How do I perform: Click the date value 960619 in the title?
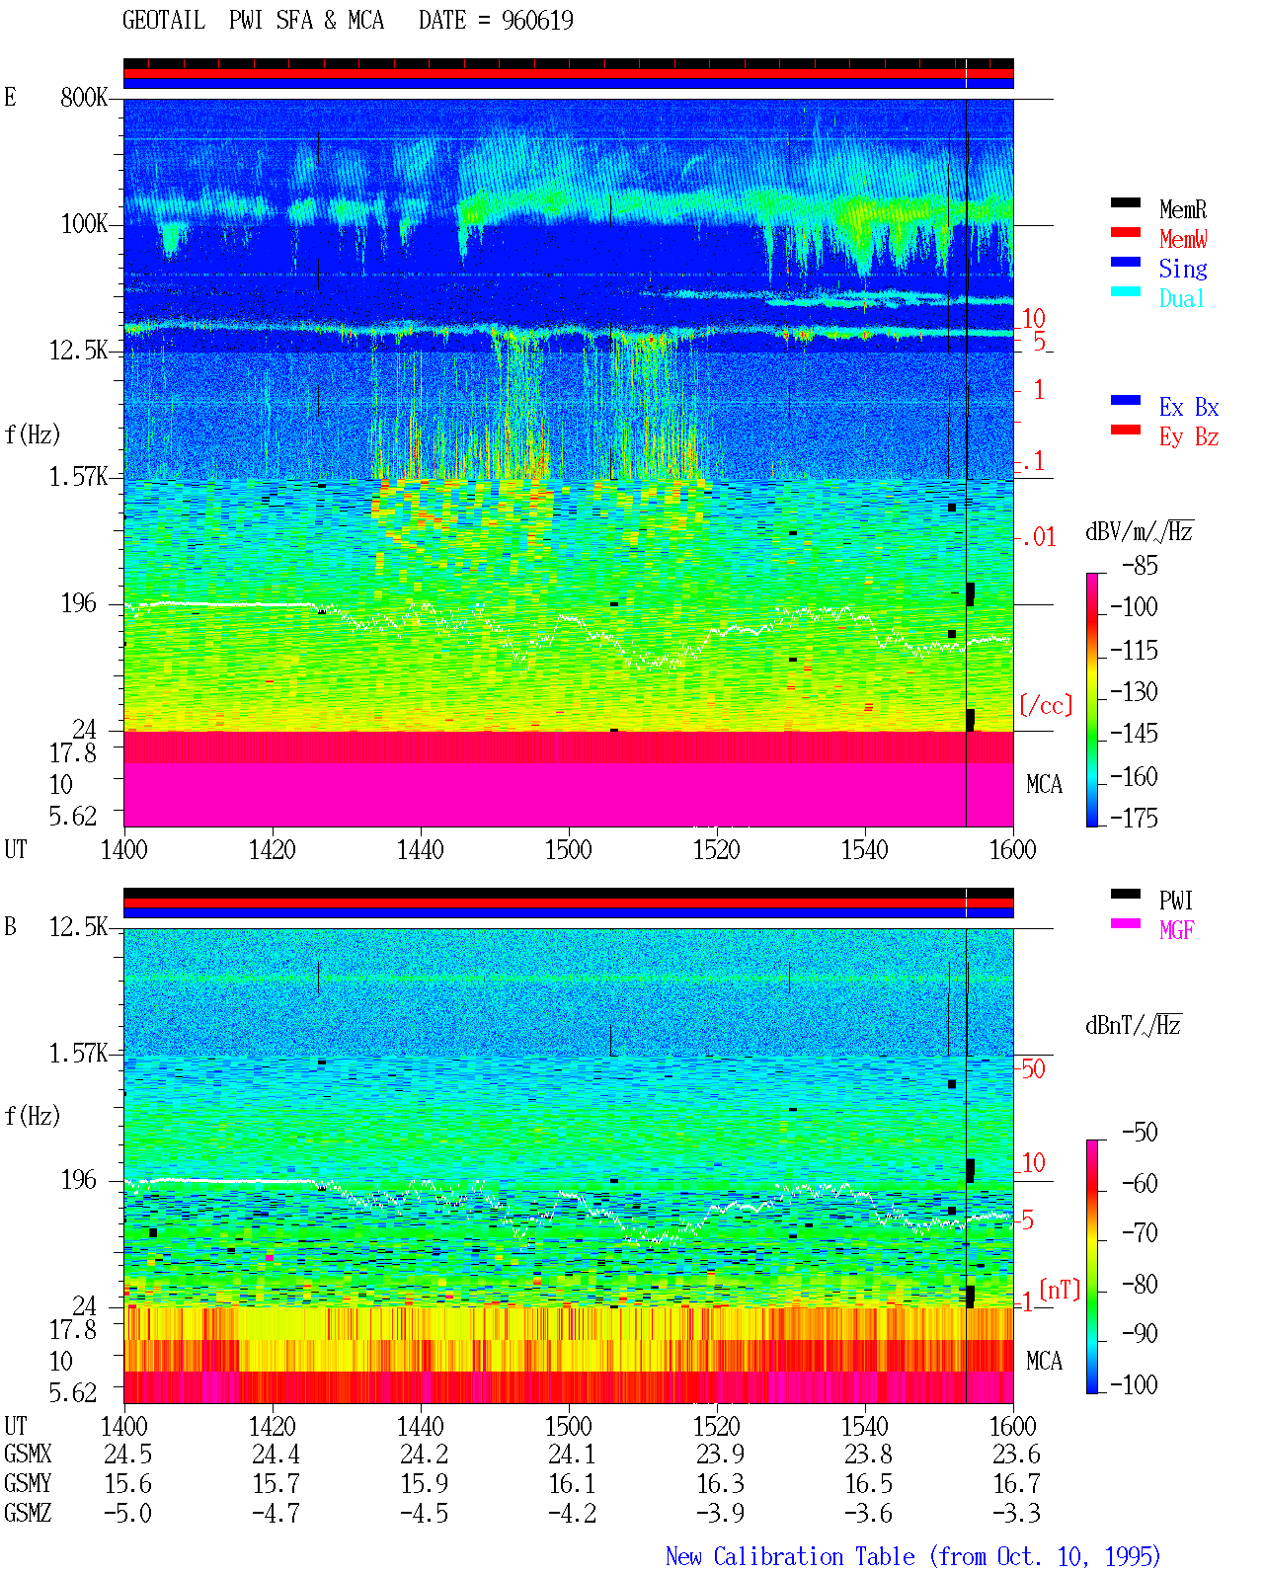pyautogui.click(x=537, y=21)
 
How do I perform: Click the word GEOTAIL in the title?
pyautogui.click(x=164, y=21)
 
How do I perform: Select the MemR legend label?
pyautogui.click(x=1182, y=209)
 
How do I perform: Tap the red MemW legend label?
pyautogui.click(x=1183, y=239)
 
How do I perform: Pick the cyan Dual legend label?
pyautogui.click(x=1182, y=298)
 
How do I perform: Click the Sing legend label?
pyautogui.click(x=1183, y=269)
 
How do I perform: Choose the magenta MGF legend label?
pyautogui.click(x=1176, y=930)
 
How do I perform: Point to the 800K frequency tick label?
pyautogui.click(x=84, y=97)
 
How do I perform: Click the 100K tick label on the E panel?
pyautogui.click(x=84, y=224)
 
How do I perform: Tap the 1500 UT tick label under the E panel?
pyautogui.click(x=568, y=849)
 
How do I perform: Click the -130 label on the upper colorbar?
pyautogui.click(x=1134, y=691)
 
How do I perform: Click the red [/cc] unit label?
pyautogui.click(x=1046, y=705)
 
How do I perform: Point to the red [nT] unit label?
pyautogui.click(x=1060, y=1290)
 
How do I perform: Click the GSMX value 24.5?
pyautogui.click(x=127, y=1454)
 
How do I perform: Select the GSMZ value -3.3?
pyautogui.click(x=1016, y=1513)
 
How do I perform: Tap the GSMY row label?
pyautogui.click(x=28, y=1484)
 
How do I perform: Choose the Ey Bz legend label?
pyautogui.click(x=1189, y=437)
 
